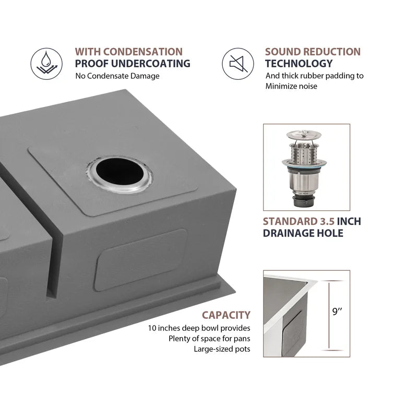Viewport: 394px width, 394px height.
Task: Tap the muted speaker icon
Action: click(x=238, y=64)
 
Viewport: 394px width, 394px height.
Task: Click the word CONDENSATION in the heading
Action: click(x=143, y=52)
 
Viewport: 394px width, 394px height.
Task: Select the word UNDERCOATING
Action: click(x=150, y=64)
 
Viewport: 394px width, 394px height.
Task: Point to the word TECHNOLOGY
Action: click(x=299, y=64)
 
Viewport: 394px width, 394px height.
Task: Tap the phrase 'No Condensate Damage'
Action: click(x=117, y=76)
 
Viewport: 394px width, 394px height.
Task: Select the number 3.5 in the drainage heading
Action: click(x=327, y=221)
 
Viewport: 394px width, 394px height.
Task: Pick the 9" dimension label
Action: click(x=337, y=312)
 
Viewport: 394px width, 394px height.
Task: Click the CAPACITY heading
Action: click(x=226, y=315)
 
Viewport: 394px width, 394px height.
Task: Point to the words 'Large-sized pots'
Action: click(x=222, y=349)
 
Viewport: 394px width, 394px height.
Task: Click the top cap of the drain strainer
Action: click(x=304, y=134)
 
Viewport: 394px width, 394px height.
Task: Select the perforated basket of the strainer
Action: click(x=304, y=153)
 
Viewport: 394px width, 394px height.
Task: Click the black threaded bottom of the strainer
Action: click(x=304, y=201)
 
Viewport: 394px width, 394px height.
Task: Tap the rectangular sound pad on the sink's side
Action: click(x=141, y=259)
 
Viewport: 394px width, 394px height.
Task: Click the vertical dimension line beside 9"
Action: click(x=329, y=315)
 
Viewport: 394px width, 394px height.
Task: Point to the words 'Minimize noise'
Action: click(x=291, y=86)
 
